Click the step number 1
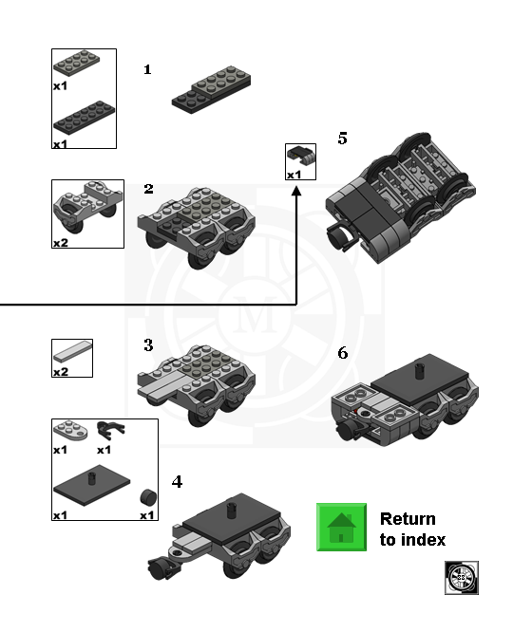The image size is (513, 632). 147,69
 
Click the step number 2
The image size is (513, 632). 148,189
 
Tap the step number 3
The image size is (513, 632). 148,345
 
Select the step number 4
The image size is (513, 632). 178,482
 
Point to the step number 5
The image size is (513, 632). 342,139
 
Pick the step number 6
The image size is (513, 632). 343,353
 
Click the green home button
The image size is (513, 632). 341,527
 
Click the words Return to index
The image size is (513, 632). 412,530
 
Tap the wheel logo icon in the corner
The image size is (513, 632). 462,578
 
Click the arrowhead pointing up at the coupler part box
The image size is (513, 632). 296,191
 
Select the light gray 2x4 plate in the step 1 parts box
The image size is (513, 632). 76,63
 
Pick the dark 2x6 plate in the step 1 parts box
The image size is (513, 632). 84,118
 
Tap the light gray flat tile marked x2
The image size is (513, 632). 72,351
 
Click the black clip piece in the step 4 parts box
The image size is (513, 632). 110,431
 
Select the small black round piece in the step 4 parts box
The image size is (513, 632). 148,497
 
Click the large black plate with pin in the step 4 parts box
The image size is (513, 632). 91,485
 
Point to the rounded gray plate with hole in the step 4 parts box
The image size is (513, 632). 70,431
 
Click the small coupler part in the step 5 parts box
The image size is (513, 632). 301,155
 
